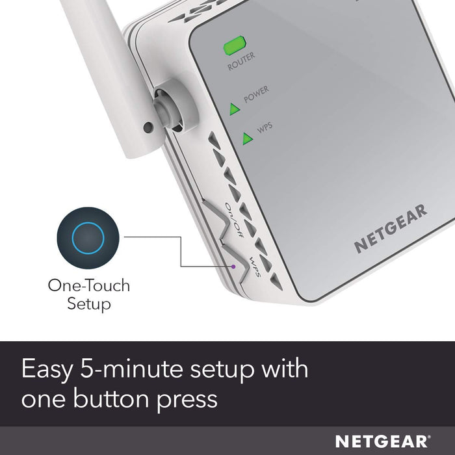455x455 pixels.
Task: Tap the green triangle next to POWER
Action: (x=235, y=108)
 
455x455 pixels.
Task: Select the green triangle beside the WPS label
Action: (x=247, y=138)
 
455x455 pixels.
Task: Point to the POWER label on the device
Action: (x=256, y=95)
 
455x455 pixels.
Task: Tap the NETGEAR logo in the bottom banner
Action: (x=383, y=441)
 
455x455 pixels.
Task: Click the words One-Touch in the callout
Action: (x=88, y=285)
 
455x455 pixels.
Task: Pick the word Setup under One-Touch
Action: (x=88, y=304)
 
